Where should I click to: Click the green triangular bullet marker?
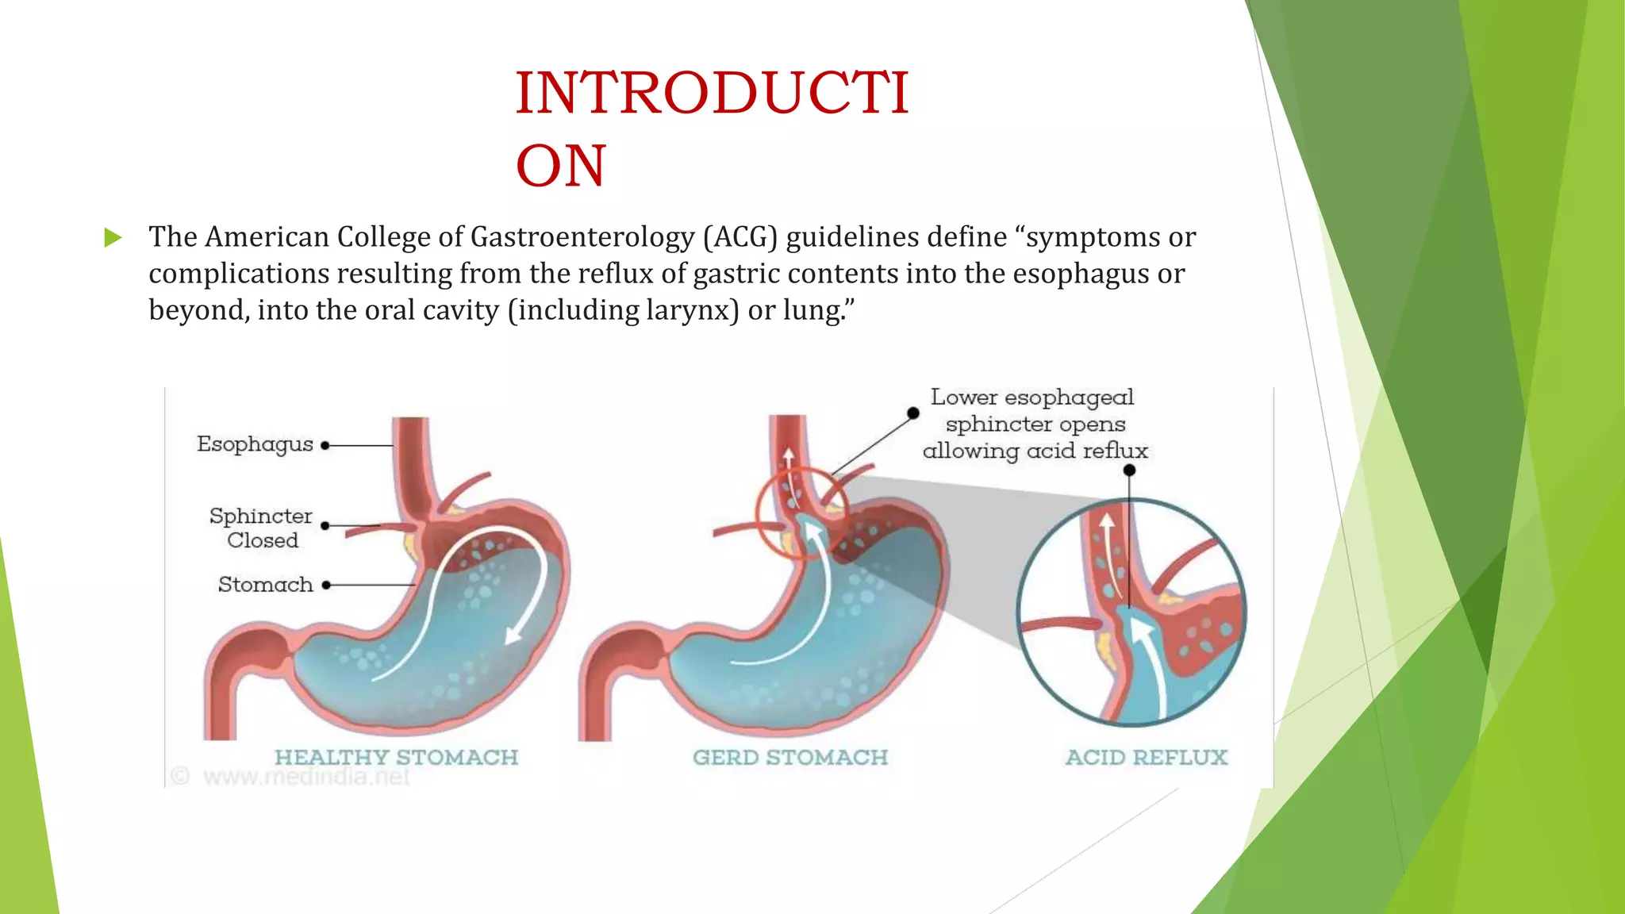pos(113,237)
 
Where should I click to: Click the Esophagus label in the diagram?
pos(255,444)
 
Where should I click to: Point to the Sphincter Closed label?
pos(261,528)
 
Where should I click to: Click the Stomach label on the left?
pos(265,585)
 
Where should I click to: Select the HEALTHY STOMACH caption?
pos(396,758)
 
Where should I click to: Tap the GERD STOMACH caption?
pos(789,758)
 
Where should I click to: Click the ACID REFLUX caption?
pos(1147,758)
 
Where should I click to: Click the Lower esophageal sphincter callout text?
pos(1034,424)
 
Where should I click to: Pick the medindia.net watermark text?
pos(305,777)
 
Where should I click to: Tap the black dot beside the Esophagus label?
pos(325,446)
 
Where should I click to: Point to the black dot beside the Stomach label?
pos(326,586)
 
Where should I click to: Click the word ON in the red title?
pos(560,166)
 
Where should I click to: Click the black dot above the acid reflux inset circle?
pos(1129,470)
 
